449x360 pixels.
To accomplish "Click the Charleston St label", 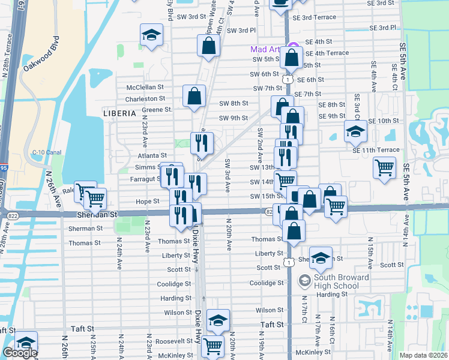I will point(145,98).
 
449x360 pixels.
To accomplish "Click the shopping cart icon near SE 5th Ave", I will point(384,167).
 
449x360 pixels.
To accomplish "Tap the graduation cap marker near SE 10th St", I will point(355,130).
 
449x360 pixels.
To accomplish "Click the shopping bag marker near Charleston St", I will point(194,96).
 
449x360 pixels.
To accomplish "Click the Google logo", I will point(20,353).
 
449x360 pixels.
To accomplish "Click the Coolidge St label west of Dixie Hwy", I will point(173,284).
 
